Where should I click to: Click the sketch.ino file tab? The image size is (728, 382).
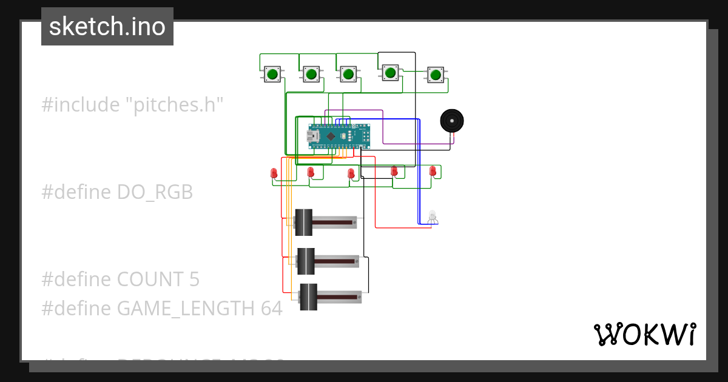pyautogui.click(x=107, y=27)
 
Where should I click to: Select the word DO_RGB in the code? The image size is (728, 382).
pyautogui.click(x=155, y=192)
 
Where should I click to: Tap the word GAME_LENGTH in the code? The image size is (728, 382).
pyautogui.click(x=185, y=309)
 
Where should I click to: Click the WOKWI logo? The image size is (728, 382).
pyautogui.click(x=644, y=334)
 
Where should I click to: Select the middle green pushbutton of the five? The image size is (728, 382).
pyautogui.click(x=348, y=75)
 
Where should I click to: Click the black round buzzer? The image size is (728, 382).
pyautogui.click(x=451, y=121)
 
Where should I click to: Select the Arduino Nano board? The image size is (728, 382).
pyautogui.click(x=339, y=136)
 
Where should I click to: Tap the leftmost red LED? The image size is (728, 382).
pyautogui.click(x=274, y=173)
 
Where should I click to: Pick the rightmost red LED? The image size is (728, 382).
pyautogui.click(x=433, y=171)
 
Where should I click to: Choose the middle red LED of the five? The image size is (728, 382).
pyautogui.click(x=351, y=174)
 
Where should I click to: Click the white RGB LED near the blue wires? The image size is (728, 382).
pyautogui.click(x=432, y=216)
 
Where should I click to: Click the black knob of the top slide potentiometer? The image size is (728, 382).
pyautogui.click(x=303, y=223)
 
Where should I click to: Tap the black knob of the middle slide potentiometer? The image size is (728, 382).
pyautogui.click(x=305, y=261)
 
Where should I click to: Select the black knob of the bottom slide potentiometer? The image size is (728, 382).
pyautogui.click(x=308, y=297)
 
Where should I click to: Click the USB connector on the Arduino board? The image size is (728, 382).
pyautogui.click(x=314, y=138)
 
